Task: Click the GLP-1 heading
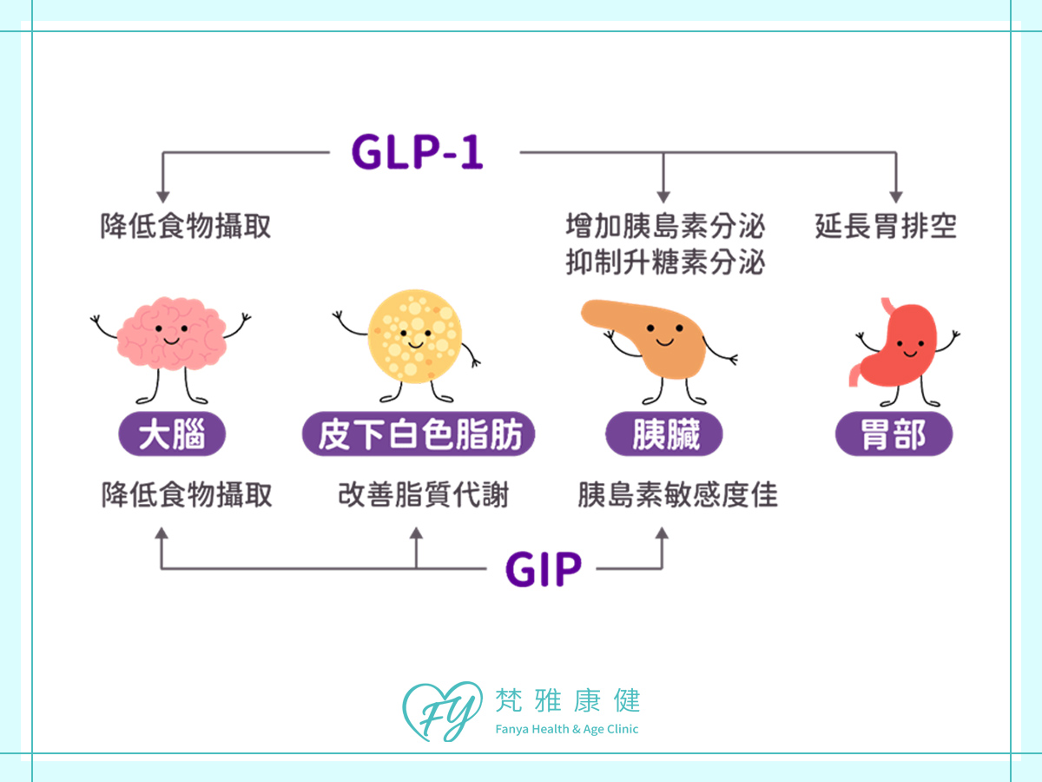[x=417, y=153]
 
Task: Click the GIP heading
[x=544, y=570]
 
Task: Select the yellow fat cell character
[x=414, y=334]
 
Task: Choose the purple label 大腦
[x=171, y=434]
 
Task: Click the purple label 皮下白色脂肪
[x=418, y=434]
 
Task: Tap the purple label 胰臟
[x=664, y=434]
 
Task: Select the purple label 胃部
[x=894, y=434]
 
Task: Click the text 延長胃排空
[x=886, y=227]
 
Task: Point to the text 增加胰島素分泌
[x=665, y=227]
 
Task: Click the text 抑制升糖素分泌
[x=665, y=262]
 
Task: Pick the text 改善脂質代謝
[x=423, y=495]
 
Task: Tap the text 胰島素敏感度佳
[x=677, y=495]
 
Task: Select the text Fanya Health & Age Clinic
[x=566, y=729]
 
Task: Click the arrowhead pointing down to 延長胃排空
[x=895, y=197]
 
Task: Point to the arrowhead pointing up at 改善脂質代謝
[x=416, y=533]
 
